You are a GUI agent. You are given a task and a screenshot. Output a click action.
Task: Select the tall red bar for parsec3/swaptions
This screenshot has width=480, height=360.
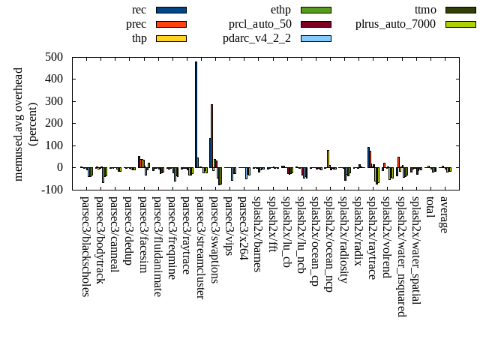pyautogui.click(x=211, y=136)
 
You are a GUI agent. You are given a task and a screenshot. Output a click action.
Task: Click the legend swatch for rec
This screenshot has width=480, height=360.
pyautogui.click(x=171, y=10)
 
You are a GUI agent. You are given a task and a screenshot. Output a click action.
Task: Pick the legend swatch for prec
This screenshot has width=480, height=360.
pyautogui.click(x=171, y=24)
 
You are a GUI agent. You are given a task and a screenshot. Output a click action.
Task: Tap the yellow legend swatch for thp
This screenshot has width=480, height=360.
pyautogui.click(x=171, y=38)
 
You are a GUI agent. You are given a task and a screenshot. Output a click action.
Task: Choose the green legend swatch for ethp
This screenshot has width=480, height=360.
pyautogui.click(x=316, y=10)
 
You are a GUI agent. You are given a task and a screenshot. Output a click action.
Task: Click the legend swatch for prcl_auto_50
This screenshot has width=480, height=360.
pyautogui.click(x=316, y=24)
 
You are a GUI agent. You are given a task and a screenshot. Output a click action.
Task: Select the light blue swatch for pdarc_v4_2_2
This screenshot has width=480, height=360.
pyautogui.click(x=316, y=38)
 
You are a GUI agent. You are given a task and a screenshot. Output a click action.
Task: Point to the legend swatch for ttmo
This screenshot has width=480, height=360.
pyautogui.click(x=460, y=10)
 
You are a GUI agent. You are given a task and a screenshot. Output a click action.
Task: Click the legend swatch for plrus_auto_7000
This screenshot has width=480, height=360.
pyautogui.click(x=460, y=24)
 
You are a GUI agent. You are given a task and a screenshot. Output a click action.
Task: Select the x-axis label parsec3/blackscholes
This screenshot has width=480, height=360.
pyautogui.click(x=85, y=247)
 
